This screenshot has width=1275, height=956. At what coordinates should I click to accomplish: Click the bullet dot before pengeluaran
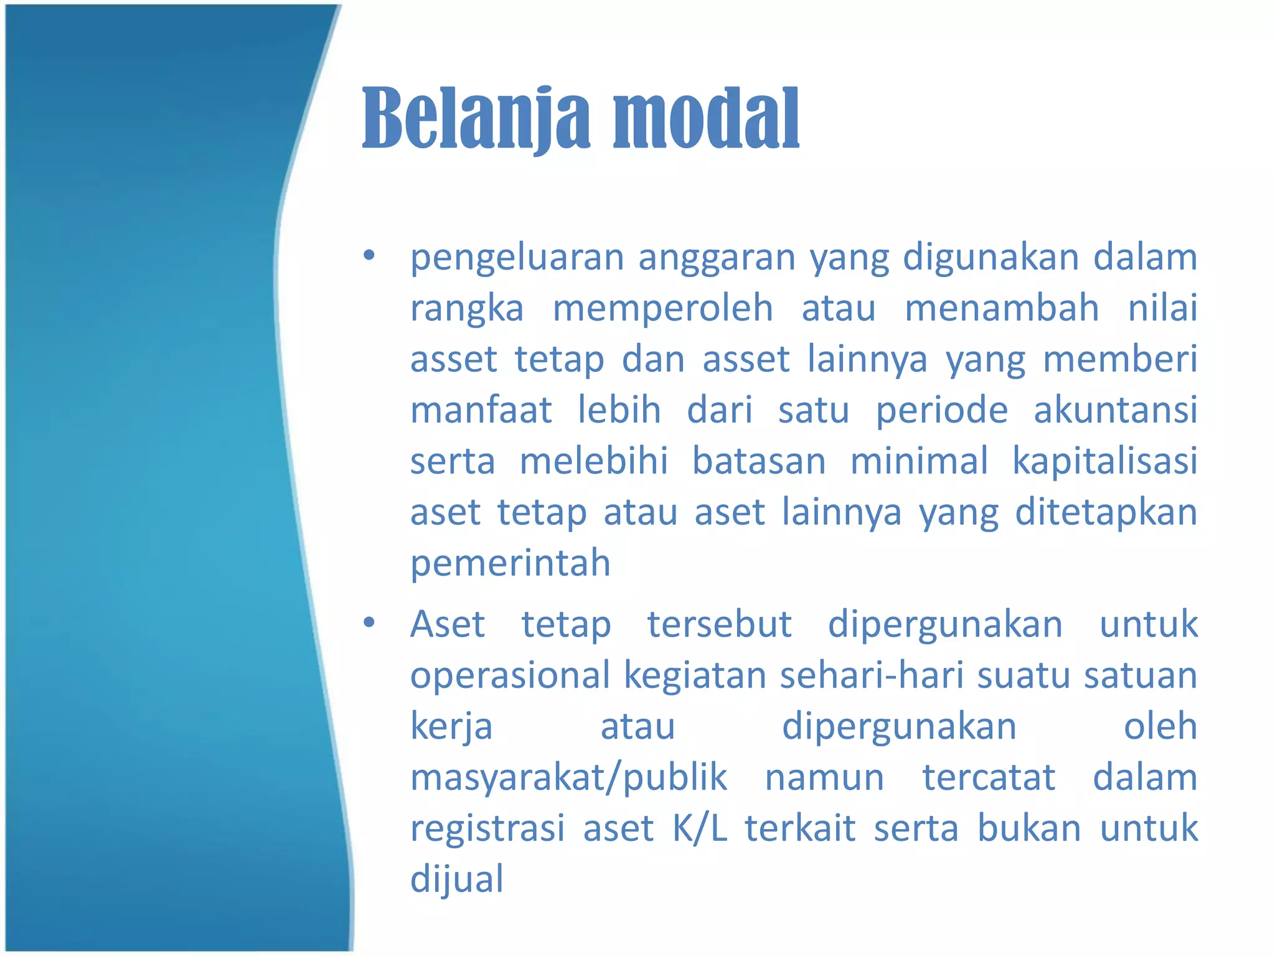pyautogui.click(x=369, y=255)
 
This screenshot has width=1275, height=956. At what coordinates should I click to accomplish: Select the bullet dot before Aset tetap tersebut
pyautogui.click(x=369, y=622)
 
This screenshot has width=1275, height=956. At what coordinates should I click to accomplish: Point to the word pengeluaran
pyautogui.click(x=517, y=258)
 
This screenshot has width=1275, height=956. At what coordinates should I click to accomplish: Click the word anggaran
pyautogui.click(x=717, y=258)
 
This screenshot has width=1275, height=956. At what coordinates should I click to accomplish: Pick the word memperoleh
pyautogui.click(x=662, y=308)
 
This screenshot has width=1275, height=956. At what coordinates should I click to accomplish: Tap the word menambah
pyautogui.click(x=1001, y=308)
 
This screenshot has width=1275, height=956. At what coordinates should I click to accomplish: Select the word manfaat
pyautogui.click(x=481, y=410)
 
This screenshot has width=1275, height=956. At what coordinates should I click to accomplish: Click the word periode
pyautogui.click(x=941, y=410)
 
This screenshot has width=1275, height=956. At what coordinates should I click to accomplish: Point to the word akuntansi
pyautogui.click(x=1115, y=410)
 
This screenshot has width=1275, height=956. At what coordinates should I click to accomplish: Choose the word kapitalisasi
pyautogui.click(x=1104, y=461)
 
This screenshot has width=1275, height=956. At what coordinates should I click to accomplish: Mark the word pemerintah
pyautogui.click(x=510, y=563)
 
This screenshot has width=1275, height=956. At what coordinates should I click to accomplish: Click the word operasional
pyautogui.click(x=510, y=675)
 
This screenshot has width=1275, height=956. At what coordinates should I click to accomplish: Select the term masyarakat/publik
pyautogui.click(x=568, y=777)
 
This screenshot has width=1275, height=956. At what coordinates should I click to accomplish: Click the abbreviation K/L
pyautogui.click(x=700, y=828)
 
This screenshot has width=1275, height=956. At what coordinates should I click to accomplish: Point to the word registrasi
pyautogui.click(x=487, y=828)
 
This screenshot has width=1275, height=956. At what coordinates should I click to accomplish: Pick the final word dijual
pyautogui.click(x=456, y=879)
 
